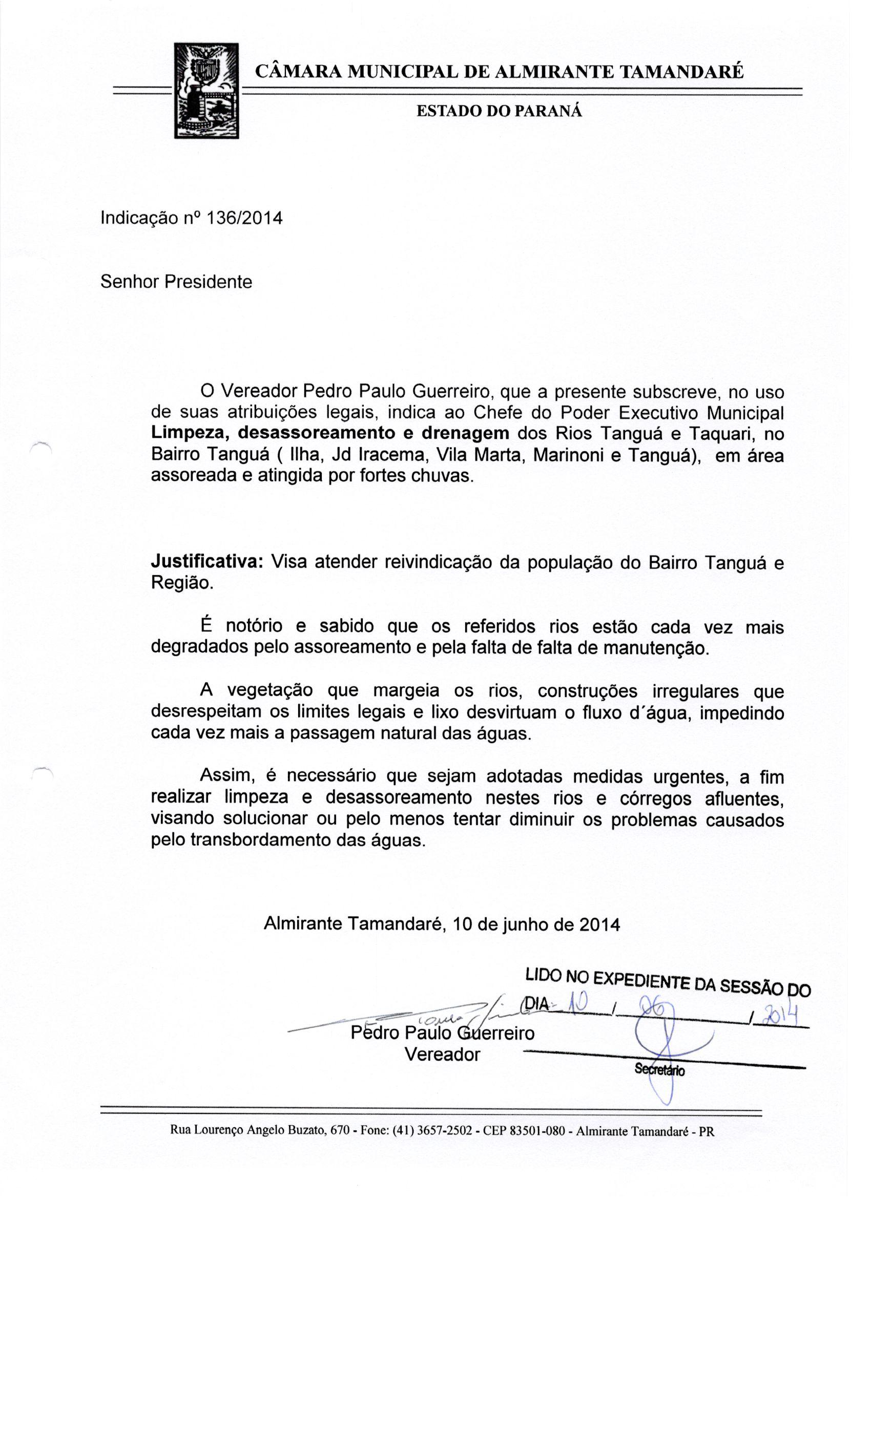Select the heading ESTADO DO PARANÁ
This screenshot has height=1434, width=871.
tap(499, 111)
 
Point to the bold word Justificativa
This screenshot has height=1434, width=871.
tap(206, 562)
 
